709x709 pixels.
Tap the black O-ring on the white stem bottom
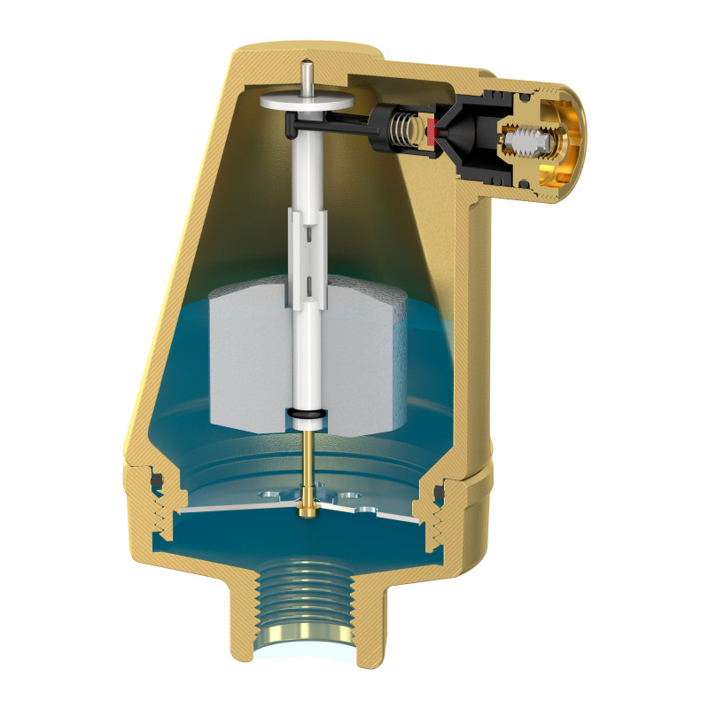click(x=305, y=414)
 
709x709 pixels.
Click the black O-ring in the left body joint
click(x=158, y=480)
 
